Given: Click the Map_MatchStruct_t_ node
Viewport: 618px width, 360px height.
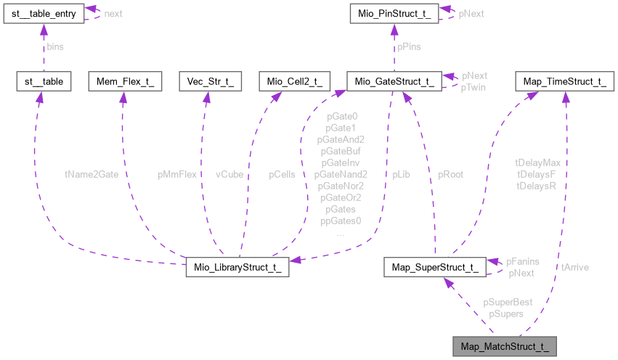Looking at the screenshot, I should [504, 346].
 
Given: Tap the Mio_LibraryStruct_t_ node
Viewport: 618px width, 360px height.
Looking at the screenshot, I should [237, 267].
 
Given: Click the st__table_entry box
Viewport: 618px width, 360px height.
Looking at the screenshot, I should [43, 13].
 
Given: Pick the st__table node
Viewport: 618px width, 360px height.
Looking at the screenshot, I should [43, 81].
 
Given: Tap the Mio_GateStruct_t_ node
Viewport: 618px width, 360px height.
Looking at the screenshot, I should [393, 81].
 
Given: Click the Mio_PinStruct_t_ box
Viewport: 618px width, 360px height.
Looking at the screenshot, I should [393, 13].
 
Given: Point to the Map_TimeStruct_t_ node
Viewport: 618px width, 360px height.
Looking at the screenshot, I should [564, 81].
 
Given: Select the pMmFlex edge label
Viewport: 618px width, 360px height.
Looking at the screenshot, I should [177, 174].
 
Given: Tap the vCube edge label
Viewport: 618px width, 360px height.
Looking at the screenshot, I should [229, 174].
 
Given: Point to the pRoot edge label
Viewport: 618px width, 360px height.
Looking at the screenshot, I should [450, 174].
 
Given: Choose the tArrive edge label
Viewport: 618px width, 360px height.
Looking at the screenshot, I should [574, 267].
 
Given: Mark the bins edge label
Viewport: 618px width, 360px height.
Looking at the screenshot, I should [55, 46].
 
